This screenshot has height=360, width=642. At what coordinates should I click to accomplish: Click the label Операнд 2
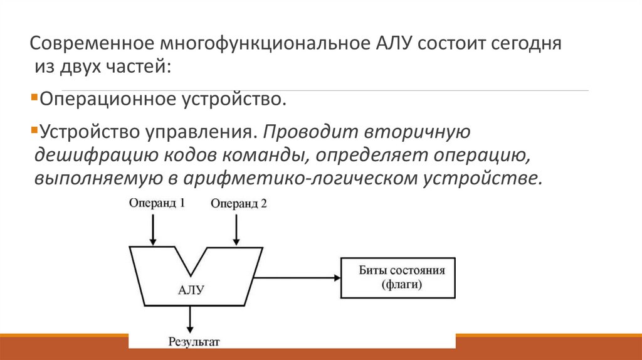click(x=239, y=203)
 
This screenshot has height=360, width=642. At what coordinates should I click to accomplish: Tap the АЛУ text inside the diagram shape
click(x=191, y=289)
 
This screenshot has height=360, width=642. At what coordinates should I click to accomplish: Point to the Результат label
click(x=194, y=342)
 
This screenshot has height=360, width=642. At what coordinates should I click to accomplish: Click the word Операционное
click(x=107, y=98)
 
